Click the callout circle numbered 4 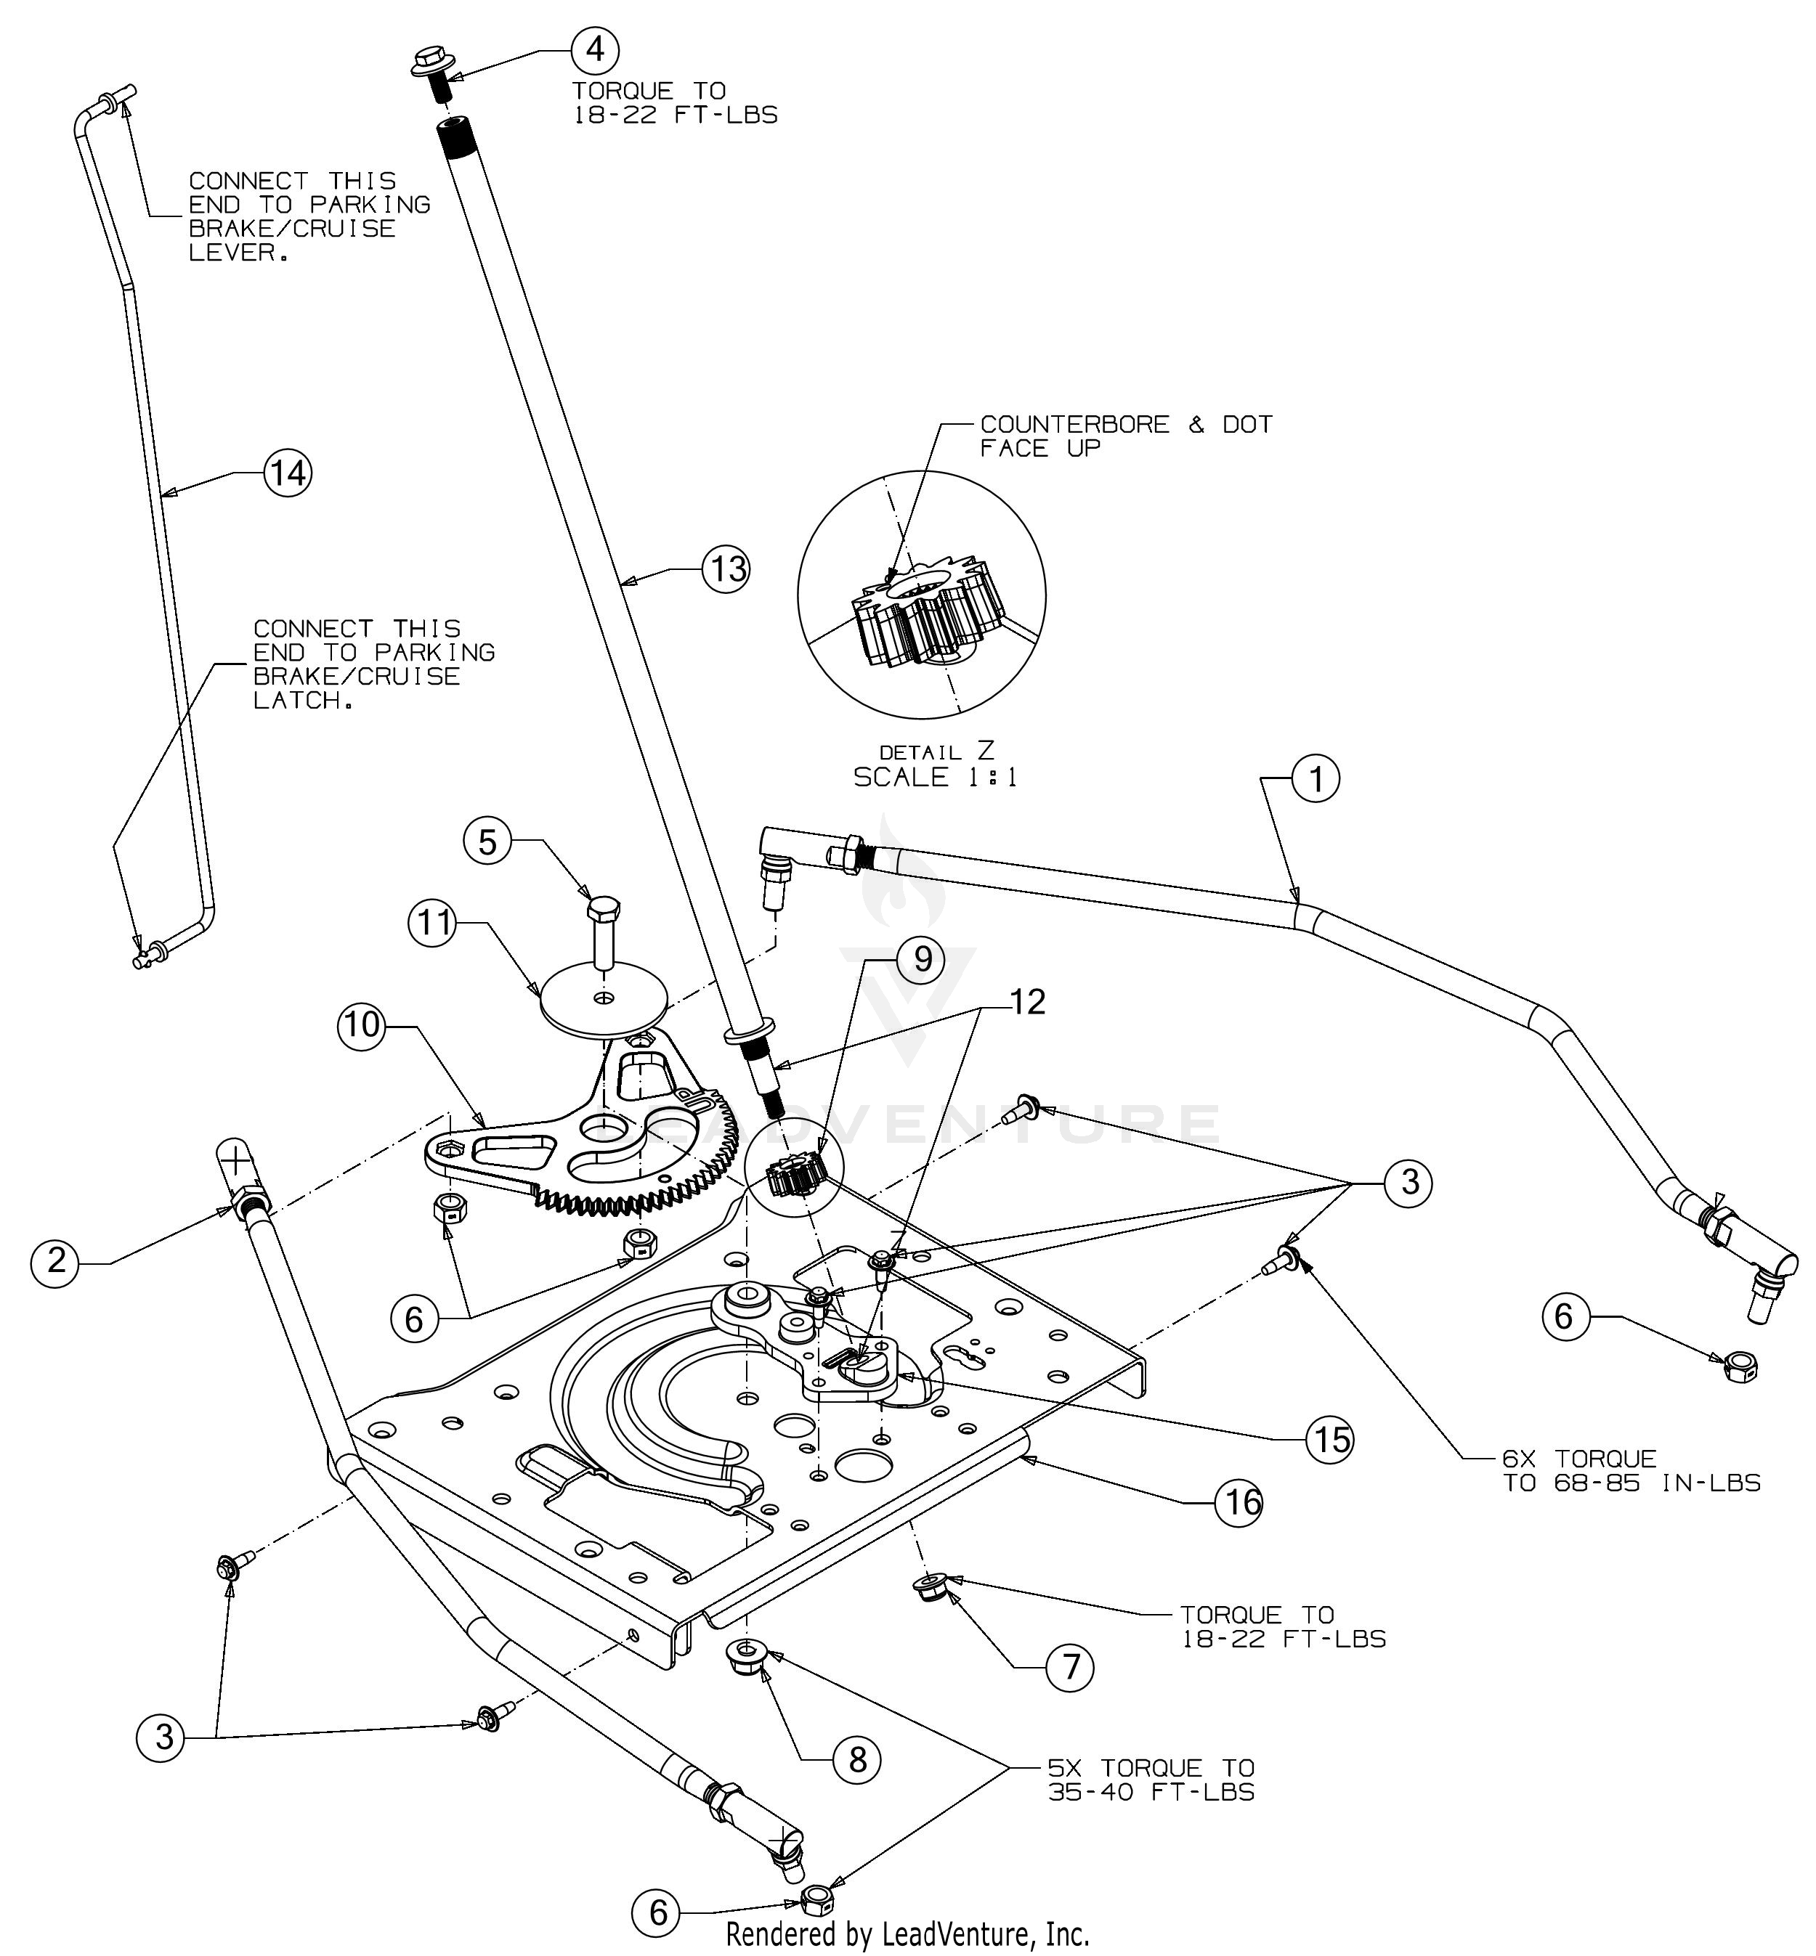tap(596, 49)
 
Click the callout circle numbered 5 tap(488, 842)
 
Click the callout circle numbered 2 tap(56, 1260)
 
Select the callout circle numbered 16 tap(1239, 1501)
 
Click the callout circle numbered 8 tap(857, 1759)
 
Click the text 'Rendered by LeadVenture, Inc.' tap(907, 1933)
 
